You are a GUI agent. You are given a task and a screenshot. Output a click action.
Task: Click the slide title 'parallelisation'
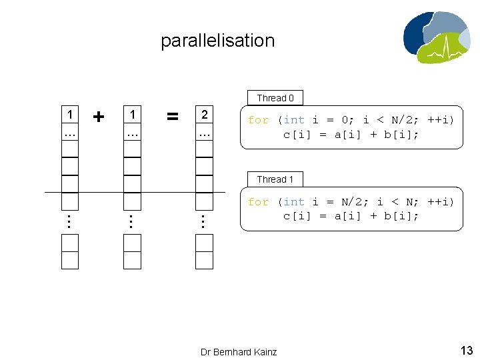pos(217,41)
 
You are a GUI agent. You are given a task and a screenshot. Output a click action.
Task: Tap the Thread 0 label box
pos(275,98)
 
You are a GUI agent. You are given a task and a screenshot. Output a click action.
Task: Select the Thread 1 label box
pos(275,179)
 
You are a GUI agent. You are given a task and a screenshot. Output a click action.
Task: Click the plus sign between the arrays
pos(99,117)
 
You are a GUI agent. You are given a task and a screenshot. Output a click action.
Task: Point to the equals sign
pos(172,117)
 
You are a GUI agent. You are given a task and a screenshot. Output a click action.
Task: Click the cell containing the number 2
pos(205,115)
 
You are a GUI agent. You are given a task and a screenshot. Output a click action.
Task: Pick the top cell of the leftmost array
pos(69,115)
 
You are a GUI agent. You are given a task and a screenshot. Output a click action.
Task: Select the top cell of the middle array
pos(132,115)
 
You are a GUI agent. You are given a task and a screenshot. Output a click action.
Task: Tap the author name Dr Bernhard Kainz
pos(239,351)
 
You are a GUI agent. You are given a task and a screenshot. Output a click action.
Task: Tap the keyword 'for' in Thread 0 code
pos(258,120)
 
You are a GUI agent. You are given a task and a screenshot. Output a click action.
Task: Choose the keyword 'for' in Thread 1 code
pos(258,201)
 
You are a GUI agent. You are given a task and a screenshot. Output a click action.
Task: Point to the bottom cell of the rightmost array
pos(205,261)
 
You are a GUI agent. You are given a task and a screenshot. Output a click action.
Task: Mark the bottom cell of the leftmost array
pos(69,261)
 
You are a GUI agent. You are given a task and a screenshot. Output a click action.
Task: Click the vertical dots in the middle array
pos(132,221)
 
